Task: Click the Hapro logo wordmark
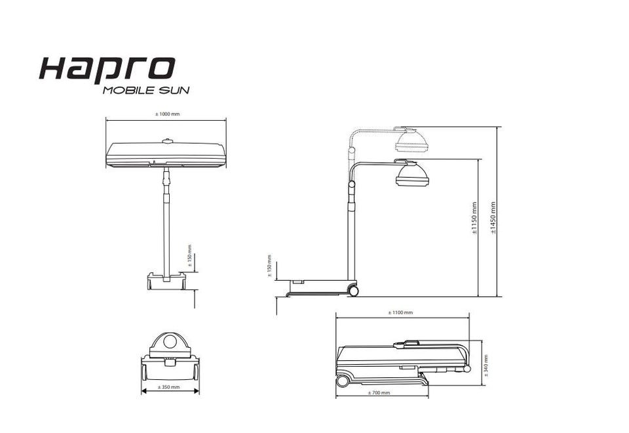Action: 107,70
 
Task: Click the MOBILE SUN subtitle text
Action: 146,90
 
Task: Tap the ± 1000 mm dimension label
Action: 168,113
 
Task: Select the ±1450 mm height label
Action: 493,218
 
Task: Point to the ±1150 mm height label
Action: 474,218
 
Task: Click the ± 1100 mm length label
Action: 400,312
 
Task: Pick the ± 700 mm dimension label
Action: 379,392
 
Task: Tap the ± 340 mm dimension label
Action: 486,365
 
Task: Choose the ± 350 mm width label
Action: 169,387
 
